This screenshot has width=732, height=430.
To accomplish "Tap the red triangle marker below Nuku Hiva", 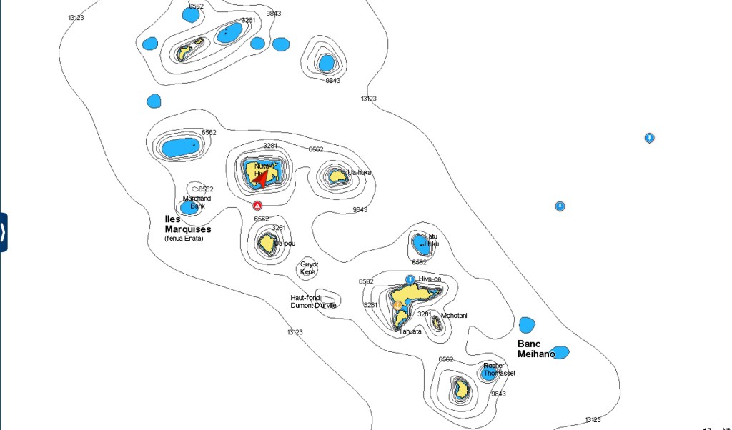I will pos(258,206).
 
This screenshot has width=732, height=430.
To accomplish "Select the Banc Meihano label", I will pos(536,349).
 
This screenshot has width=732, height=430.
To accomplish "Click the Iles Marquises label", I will pos(188,224).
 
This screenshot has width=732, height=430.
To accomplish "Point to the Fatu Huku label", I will pos(431,240).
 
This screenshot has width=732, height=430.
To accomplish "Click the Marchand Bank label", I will pos(197,201).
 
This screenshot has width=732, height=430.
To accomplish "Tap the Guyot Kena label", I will pos(309,268).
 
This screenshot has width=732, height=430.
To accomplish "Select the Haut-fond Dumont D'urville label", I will pos(313,301).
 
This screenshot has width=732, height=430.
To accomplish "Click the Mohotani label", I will pos(453,315).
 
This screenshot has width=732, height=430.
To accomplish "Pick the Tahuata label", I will pos(410,331).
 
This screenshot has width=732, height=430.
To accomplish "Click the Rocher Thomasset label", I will pos(498,369).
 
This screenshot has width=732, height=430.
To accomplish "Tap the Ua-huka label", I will pos(360,172).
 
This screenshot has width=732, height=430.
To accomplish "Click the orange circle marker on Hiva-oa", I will pos(397,306).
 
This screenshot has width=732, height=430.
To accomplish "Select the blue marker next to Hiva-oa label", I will pos(410,279).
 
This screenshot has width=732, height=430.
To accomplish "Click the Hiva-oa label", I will pos(430,279).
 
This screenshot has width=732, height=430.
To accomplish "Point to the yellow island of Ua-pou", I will pos(267,244).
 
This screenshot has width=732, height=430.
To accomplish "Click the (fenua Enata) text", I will pos(184,238).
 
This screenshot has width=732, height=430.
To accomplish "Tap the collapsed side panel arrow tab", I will pos(4,232).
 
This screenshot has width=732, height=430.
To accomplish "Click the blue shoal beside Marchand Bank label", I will pos(189,208).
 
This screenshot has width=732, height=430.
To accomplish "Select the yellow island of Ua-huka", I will pos(336,175).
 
